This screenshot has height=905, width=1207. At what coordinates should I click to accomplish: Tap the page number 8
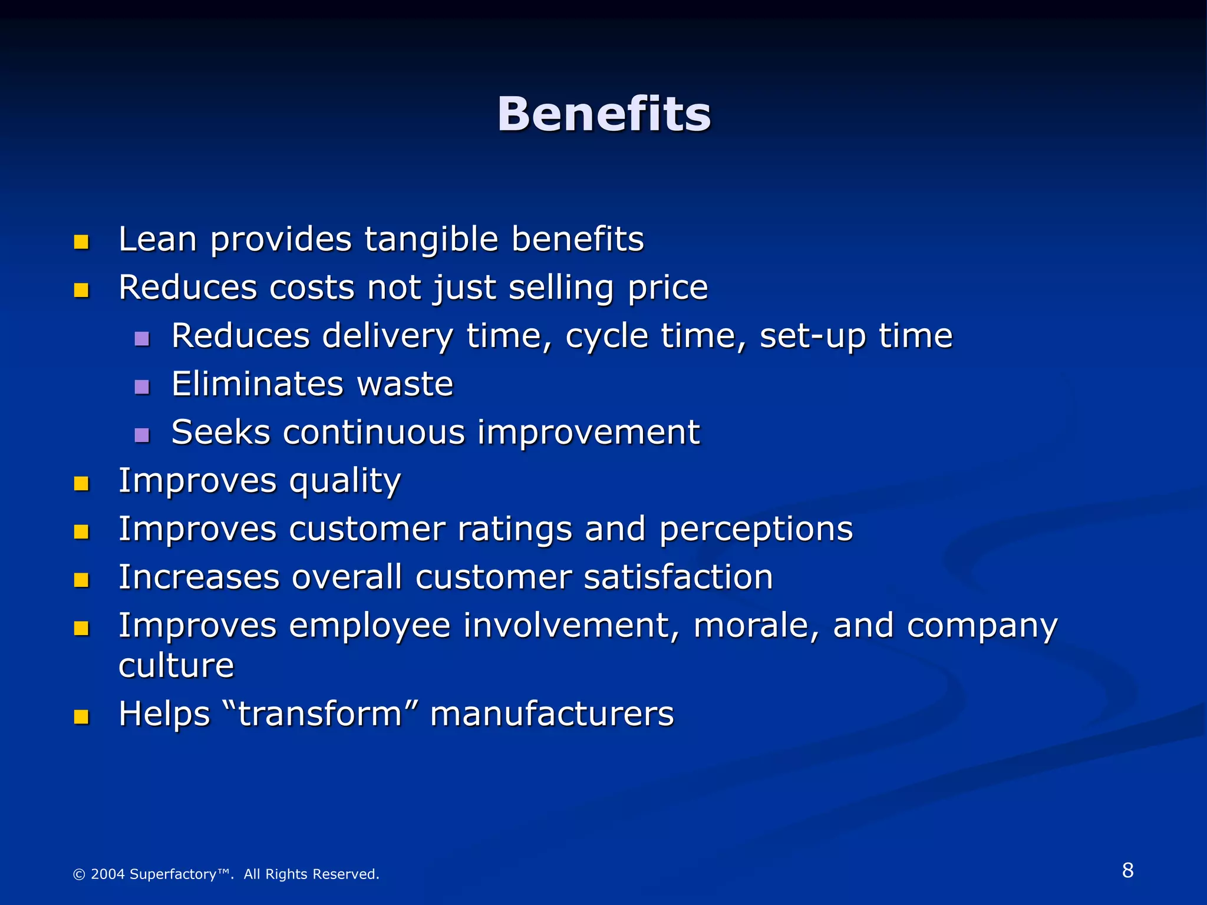point(1127,870)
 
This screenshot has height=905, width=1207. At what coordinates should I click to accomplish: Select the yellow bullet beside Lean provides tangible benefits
point(81,242)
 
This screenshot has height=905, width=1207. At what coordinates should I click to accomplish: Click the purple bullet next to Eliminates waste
point(142,387)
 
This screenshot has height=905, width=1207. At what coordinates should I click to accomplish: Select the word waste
point(405,384)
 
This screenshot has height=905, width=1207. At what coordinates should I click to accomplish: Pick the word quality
point(345,482)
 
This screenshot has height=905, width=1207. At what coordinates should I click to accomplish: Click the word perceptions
point(756,529)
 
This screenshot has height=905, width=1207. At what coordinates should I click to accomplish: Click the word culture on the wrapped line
point(176,666)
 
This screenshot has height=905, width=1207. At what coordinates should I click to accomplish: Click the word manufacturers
point(552,714)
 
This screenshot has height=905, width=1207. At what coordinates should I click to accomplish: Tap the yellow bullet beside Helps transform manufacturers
point(81,716)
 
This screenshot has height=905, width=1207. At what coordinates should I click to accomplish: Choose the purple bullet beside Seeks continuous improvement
point(142,435)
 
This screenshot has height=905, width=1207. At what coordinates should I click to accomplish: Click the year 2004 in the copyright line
point(108,874)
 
